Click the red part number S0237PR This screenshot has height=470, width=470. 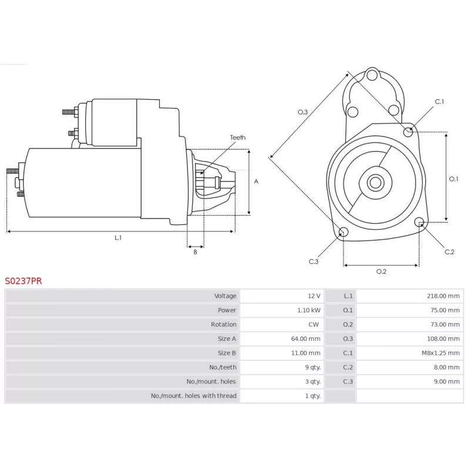click(23, 281)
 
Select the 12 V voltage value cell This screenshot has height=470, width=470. click(314, 296)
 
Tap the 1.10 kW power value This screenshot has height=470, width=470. click(308, 310)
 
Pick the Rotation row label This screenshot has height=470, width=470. click(223, 324)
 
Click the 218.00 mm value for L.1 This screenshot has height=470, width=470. click(443, 296)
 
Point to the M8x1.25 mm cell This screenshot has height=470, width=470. click(440, 353)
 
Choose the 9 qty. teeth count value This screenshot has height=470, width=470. click(313, 367)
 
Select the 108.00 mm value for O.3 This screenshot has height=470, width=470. click(443, 339)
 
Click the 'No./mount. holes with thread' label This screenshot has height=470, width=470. click(194, 395)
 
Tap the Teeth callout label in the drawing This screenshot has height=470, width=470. click(238, 137)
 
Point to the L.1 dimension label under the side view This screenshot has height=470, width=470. click(118, 238)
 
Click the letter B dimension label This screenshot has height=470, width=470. click(196, 252)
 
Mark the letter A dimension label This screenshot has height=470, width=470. click(256, 182)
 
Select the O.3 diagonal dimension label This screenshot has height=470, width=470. click(303, 112)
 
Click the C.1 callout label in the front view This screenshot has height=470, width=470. click(439, 102)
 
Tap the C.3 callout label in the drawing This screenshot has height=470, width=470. click(314, 261)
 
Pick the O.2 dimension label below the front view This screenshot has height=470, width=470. click(381, 271)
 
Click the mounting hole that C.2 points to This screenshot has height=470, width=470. click(419, 222)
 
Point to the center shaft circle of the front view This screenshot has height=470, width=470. click(375, 182)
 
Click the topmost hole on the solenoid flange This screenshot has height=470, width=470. click(372, 75)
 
